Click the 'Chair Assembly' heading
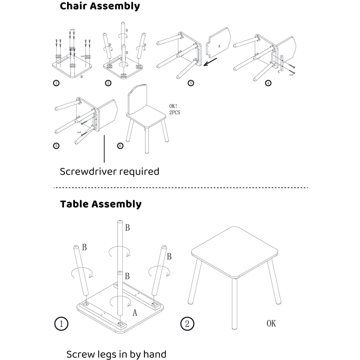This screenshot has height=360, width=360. coord(100,6)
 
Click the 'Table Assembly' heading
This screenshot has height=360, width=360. coord(100,204)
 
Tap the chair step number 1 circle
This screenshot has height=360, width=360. coord(56,83)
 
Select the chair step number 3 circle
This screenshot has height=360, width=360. coord(191,83)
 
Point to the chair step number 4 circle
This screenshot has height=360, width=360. coord(268,83)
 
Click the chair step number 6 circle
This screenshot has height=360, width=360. coord(120,146)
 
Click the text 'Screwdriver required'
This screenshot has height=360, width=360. coord(109,171)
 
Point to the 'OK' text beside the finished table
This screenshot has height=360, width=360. coord(271,323)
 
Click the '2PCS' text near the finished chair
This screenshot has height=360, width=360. coord(175,113)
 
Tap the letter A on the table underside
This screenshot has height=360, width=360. coord(135,313)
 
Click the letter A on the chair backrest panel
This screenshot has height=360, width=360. coord(219,46)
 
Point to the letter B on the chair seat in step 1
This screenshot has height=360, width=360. coord(82,77)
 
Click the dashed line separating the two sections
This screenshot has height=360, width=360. coord(180,188)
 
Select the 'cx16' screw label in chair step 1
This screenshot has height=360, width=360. coord(72,30)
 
